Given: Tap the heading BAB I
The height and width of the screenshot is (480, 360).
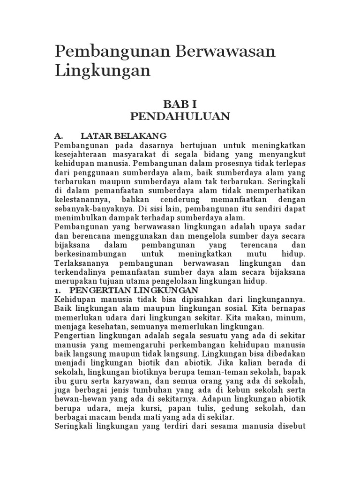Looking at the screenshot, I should pos(180,103).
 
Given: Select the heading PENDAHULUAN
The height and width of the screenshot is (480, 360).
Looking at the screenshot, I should pos(180,116).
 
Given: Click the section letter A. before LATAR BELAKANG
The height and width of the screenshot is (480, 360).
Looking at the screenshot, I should pos(59,136).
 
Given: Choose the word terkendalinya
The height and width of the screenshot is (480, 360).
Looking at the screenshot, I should pos(79,272).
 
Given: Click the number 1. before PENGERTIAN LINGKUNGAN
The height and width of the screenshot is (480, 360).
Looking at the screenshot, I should pos(58,290).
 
